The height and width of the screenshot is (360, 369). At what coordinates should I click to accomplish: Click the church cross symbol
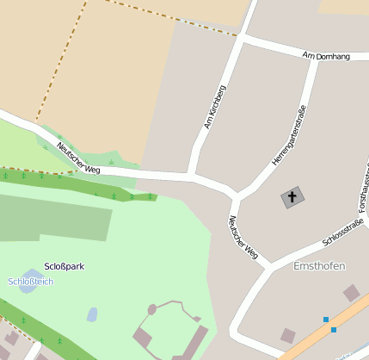point(292,197)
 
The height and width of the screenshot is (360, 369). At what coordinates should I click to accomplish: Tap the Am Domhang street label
point(327,56)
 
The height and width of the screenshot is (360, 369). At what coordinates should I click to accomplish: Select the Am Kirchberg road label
point(215,107)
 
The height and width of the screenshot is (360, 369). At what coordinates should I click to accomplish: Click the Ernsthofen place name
point(319,266)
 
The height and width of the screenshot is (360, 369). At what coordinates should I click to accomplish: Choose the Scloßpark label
point(64,267)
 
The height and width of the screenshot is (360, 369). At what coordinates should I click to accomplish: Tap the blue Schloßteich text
point(30,282)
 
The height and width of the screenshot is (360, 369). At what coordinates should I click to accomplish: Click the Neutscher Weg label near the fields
point(78,158)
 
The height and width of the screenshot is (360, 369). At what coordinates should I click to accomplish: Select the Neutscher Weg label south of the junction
point(243,237)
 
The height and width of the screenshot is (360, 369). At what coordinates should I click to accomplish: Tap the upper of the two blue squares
point(326,320)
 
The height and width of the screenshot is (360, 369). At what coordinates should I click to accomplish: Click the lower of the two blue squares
point(333,329)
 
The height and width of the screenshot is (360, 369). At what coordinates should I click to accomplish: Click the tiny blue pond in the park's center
point(92,314)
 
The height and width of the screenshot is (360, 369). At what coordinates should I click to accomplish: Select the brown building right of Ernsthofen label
point(352,293)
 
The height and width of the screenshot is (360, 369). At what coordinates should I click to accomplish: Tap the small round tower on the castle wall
point(152,308)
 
